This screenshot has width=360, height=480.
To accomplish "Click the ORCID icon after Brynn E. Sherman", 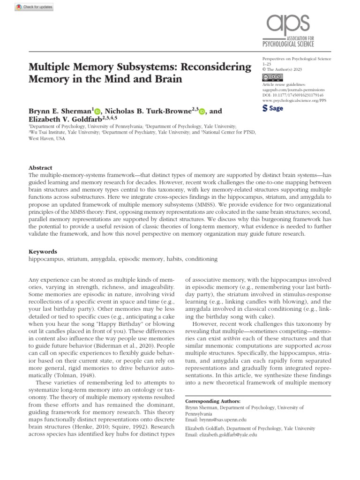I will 97,112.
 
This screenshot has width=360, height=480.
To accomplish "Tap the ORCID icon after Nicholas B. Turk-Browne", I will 202,112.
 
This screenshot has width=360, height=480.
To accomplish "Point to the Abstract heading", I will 40,167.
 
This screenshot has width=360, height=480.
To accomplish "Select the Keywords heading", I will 43,252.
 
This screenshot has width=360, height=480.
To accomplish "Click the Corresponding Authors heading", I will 213,402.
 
